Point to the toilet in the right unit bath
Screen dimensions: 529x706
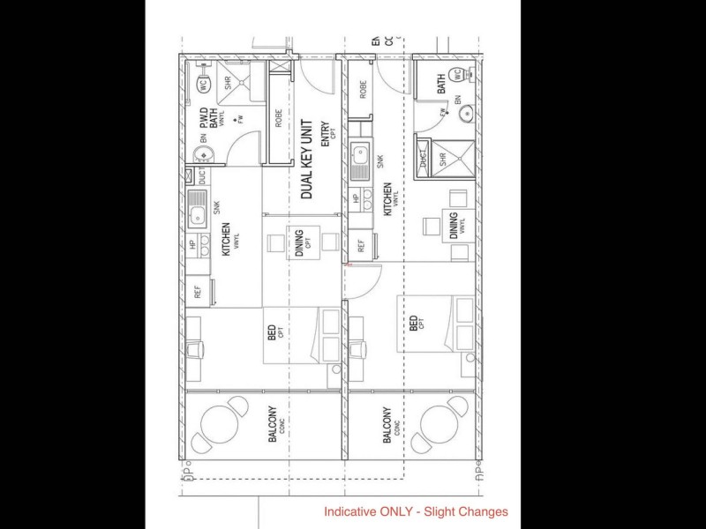click(458, 75)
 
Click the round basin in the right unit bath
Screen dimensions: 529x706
click(468, 113)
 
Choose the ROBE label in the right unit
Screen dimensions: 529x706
click(363, 89)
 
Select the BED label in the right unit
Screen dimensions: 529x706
click(414, 324)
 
